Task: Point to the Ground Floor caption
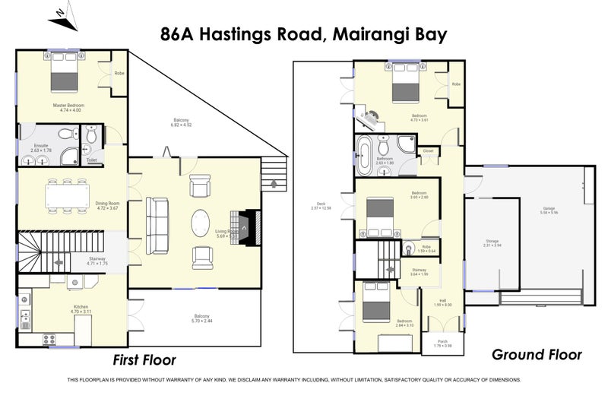pos(537,354)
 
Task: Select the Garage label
pos(549,209)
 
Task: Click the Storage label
pos(492,242)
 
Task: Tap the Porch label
pos(442,343)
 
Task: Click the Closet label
pos(428,151)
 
